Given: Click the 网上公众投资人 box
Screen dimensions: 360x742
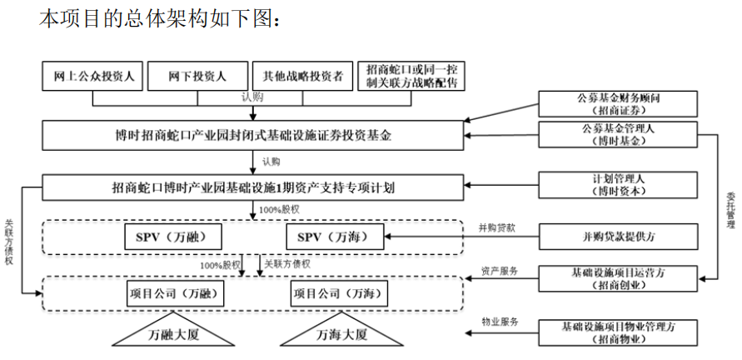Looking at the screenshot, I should [93, 76].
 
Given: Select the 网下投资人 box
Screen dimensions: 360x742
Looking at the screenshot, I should [197, 76].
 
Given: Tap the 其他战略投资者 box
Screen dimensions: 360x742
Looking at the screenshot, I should [302, 76].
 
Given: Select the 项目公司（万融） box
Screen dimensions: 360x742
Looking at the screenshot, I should [176, 293].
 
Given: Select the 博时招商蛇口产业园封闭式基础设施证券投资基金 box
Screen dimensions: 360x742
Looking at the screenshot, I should [253, 135].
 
